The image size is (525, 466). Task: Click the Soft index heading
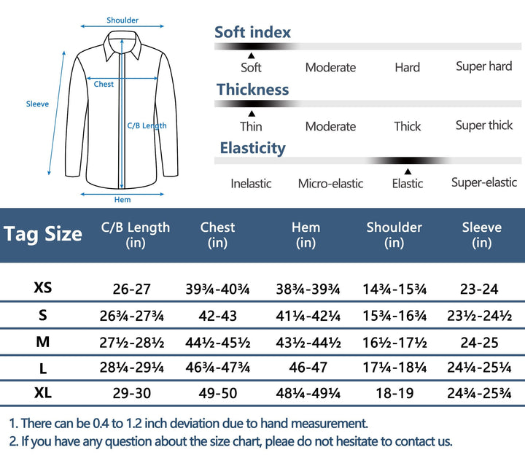click(252, 32)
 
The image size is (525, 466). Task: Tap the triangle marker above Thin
click(251, 114)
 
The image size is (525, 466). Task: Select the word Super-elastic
click(484, 182)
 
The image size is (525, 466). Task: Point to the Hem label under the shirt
click(122, 200)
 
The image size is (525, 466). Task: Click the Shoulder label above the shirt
click(122, 20)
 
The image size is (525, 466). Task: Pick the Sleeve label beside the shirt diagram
click(37, 104)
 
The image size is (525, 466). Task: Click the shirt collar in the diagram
click(122, 48)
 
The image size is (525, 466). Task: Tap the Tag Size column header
click(43, 234)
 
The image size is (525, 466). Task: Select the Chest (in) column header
click(217, 234)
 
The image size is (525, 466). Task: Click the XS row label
click(43, 288)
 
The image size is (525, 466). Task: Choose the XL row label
click(43, 392)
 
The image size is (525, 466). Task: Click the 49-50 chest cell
click(217, 393)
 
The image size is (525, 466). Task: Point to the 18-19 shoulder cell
click(394, 393)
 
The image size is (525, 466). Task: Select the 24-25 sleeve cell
click(481, 341)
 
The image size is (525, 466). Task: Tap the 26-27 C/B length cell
click(131, 289)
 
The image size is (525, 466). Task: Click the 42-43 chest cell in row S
click(217, 315)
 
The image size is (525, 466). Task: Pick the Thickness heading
click(252, 90)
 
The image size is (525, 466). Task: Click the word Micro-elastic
click(330, 183)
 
